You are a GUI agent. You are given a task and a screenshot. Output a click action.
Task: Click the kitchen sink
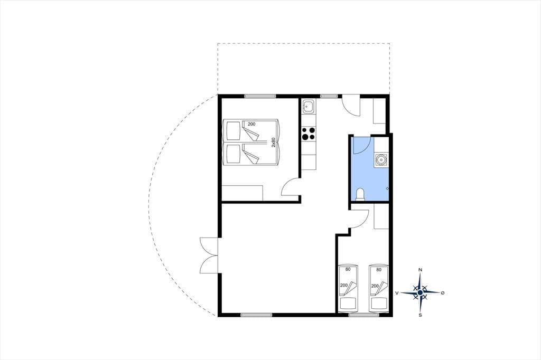tap(308, 107)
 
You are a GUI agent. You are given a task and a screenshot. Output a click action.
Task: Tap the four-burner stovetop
tap(309, 134)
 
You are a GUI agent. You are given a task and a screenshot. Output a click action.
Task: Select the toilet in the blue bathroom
tap(360, 194)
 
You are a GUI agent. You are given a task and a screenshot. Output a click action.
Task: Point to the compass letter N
tap(420, 270)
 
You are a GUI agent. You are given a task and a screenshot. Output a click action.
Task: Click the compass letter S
tap(420, 315)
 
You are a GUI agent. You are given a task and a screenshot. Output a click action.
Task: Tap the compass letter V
tap(397, 293)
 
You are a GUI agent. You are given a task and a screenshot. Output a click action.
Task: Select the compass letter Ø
tap(442, 293)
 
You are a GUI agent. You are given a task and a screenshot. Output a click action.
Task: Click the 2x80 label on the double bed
tap(273, 143)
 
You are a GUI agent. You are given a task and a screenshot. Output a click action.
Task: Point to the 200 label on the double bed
tap(251, 124)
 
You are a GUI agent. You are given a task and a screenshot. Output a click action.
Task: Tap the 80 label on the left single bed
tap(348, 269)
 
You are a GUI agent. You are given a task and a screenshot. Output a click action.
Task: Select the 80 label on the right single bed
tap(379, 270)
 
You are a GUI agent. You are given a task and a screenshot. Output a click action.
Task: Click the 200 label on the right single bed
tap(375, 286)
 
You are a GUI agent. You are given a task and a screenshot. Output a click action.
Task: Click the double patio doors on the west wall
tap(209, 255)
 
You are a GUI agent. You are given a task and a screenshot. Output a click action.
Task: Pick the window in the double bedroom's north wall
tap(260, 96)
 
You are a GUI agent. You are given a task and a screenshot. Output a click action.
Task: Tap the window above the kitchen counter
tap(329, 96)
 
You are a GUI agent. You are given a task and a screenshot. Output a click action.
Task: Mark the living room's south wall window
tap(256, 315)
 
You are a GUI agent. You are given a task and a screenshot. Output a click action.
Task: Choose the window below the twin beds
tap(363, 315)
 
